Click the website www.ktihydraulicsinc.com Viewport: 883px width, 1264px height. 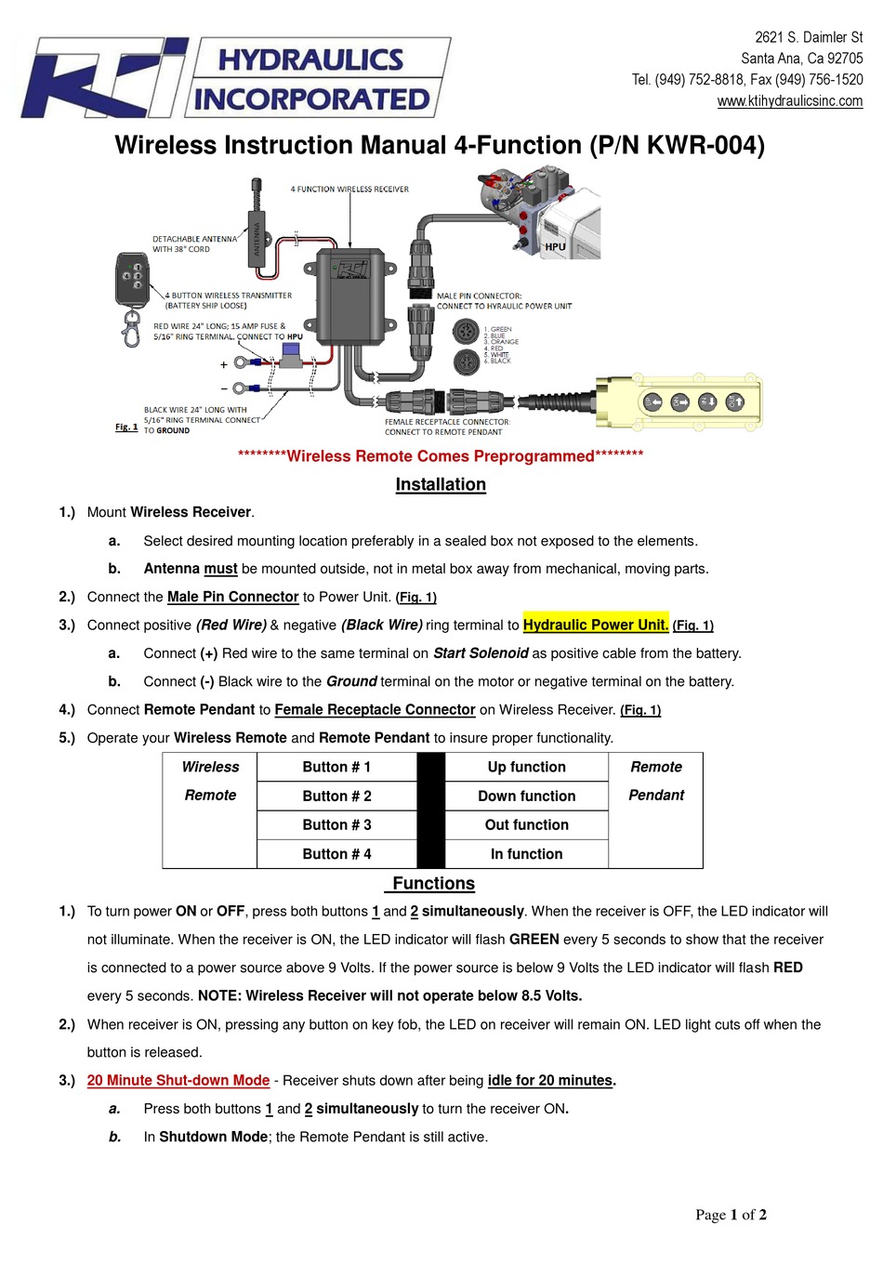click(789, 101)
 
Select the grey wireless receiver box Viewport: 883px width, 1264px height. click(351, 295)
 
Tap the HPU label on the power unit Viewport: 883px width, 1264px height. click(555, 247)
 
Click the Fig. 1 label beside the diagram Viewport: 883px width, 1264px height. click(126, 428)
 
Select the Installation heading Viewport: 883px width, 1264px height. click(441, 484)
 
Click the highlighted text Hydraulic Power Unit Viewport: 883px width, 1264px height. click(596, 625)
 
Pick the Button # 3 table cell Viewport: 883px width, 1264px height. click(336, 825)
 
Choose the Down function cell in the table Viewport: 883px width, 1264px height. click(526, 797)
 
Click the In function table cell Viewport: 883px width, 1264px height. click(526, 854)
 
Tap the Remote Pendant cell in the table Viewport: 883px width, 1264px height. click(655, 781)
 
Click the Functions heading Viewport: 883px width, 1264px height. click(433, 884)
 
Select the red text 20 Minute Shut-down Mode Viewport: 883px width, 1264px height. click(178, 1081)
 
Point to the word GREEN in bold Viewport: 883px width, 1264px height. click(534, 940)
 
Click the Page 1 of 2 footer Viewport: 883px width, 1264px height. click(731, 1215)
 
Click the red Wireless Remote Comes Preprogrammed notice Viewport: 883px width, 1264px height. click(441, 456)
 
